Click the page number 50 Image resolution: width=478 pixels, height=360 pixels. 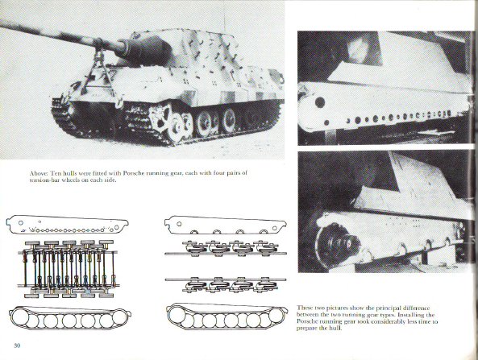click(x=17, y=346)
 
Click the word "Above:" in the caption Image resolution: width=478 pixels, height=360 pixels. click(x=39, y=173)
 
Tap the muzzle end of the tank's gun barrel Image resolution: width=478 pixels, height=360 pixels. click(x=2, y=27)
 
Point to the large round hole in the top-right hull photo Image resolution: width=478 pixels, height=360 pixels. click(x=319, y=102)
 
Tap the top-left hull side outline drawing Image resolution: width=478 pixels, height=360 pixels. click(x=67, y=225)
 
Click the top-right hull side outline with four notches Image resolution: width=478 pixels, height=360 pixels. click(x=225, y=225)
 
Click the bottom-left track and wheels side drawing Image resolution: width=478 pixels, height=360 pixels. click(x=71, y=319)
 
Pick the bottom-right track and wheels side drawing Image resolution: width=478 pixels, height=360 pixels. click(x=227, y=317)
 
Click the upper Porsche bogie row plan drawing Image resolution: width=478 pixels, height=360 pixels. click(x=226, y=249)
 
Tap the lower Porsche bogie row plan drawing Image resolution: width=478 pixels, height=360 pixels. click(x=226, y=285)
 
